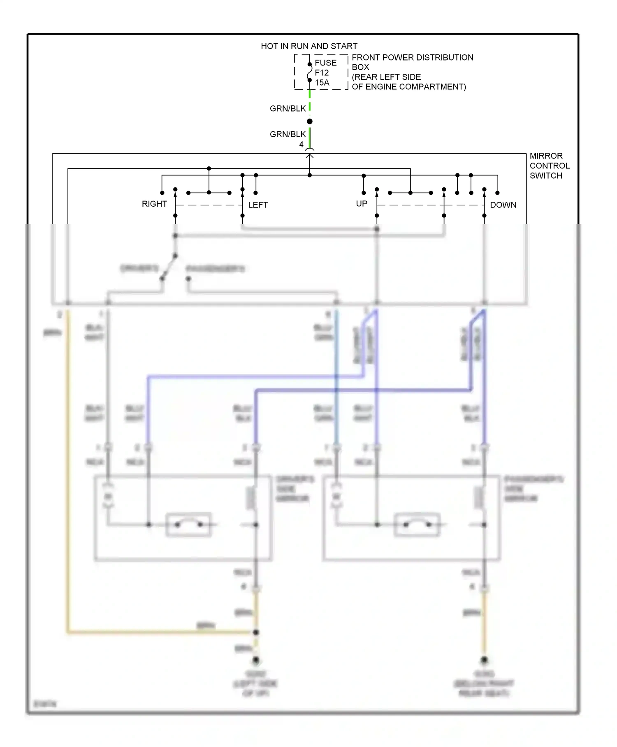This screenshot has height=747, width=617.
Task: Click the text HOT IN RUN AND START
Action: pos(309,46)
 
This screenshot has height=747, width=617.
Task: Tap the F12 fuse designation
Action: pos(322,73)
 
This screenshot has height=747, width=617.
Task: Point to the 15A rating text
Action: pos(322,83)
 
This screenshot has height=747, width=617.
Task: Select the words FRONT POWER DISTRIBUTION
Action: pos(412,58)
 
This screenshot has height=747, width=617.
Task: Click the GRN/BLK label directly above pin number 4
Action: pos(288,134)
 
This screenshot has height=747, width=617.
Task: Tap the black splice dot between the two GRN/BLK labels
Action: pos(310,121)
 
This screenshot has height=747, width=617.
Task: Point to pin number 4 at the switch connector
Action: pos(301,145)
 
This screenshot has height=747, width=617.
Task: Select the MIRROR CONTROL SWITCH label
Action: pos(549,166)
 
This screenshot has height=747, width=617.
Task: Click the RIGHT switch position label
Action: pos(154,204)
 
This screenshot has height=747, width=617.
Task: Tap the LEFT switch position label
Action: pos(258,205)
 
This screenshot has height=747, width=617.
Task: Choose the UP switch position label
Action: pos(362,203)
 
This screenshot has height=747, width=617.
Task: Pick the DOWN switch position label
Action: pos(503,205)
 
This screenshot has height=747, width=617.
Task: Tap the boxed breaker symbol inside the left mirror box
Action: pos(189,525)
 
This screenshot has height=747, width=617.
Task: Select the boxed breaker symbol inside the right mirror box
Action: pos(417,525)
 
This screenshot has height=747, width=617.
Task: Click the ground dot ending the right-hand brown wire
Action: pos(484,660)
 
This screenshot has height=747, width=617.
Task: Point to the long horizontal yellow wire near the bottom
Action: pos(160,632)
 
